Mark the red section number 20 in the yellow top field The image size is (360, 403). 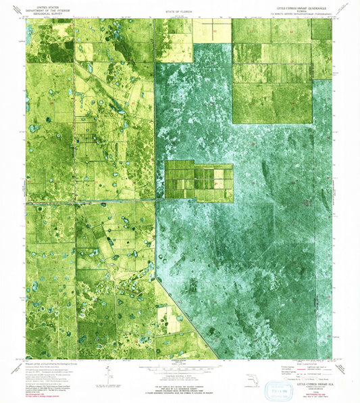pos(215,31)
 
